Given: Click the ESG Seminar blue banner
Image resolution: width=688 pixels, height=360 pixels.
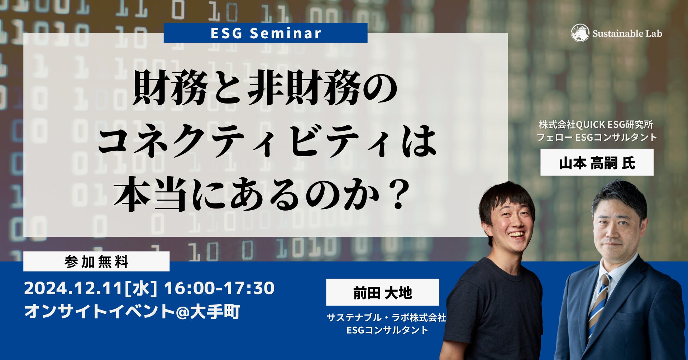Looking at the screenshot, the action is pos(266,33).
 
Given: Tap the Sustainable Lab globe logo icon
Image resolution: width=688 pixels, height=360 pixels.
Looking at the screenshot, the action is pos(580,33).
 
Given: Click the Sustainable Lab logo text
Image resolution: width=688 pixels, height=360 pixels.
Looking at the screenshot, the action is pos(627,34).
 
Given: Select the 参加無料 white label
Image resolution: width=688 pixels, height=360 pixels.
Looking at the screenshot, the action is pos(96,261).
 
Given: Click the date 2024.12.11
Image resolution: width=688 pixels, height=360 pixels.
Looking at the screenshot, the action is pos(73,288).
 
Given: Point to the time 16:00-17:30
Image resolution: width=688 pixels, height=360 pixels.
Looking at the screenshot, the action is pos(219,288).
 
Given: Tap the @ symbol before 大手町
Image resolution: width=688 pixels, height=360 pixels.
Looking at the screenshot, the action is pos(183,312).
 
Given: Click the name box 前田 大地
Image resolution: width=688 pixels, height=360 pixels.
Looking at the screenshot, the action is pos(383,292).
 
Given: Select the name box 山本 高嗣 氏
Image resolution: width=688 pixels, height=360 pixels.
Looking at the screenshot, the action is pos(597,163).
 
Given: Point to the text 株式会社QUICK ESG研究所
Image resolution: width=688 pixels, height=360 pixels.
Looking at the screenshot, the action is pos(596,125).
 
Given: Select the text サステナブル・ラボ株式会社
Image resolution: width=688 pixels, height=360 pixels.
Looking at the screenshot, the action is pos(387,317).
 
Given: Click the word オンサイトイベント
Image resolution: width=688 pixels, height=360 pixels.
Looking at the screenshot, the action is pos(100,312).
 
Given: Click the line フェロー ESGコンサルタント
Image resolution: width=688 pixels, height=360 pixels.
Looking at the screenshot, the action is pos(597,137).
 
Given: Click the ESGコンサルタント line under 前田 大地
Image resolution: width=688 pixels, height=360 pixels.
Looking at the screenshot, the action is pos(387,330).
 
